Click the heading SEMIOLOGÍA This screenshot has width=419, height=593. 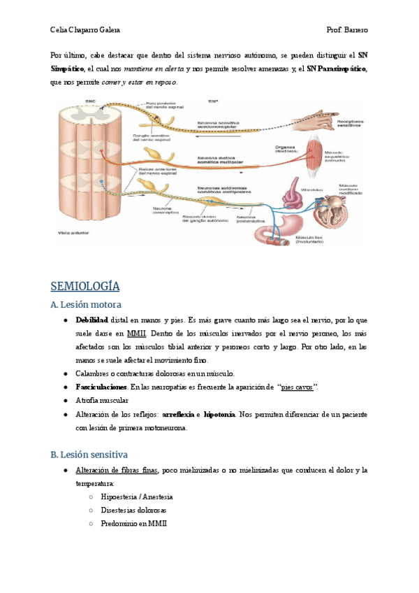click(85, 287)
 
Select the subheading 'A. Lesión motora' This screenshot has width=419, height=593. click(87, 305)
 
